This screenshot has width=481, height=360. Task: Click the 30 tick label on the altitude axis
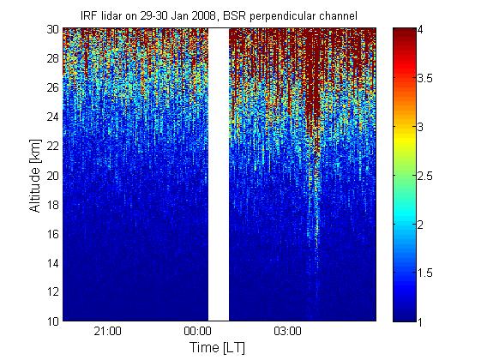tap(53, 29)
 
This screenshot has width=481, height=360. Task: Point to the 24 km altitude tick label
tap(53, 117)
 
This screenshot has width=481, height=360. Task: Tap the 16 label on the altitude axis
tap(53, 234)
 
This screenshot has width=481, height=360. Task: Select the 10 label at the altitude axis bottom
tap(53, 321)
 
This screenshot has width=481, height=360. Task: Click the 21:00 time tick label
tap(108, 331)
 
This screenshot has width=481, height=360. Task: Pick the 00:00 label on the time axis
tap(197, 331)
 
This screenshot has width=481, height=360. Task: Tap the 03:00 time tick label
tap(287, 331)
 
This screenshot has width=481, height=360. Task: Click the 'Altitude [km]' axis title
tap(35, 176)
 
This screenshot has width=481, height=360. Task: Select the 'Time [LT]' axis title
tap(218, 348)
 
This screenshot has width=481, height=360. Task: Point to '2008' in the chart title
tap(205, 15)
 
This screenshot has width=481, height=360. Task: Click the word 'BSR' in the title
tap(234, 15)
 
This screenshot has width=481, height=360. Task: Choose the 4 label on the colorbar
tap(420, 30)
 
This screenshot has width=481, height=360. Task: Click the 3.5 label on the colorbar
tap(425, 79)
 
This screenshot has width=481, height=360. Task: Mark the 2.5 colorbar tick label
tap(425, 176)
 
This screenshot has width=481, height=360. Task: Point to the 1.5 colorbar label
tap(425, 273)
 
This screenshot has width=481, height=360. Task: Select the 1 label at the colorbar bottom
tap(420, 321)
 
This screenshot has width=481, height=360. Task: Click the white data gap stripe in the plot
tap(219, 175)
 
